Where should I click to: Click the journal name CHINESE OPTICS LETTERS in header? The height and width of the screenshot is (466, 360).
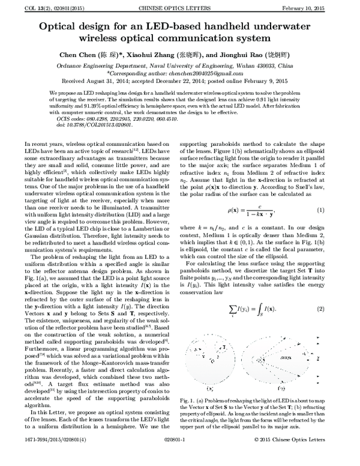(x=179, y=8)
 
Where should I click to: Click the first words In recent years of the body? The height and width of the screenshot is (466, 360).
(x=45, y=145)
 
